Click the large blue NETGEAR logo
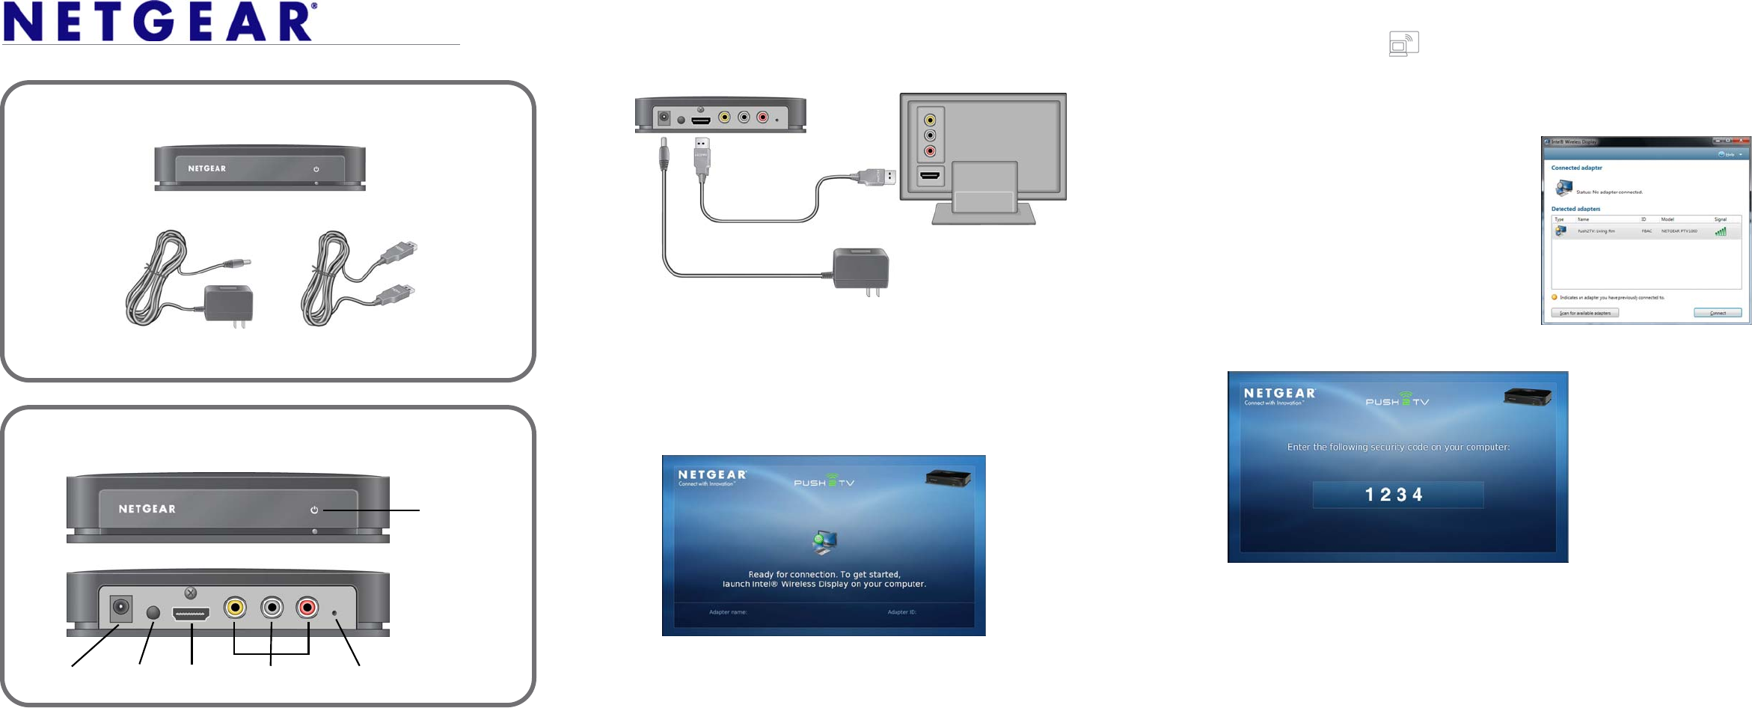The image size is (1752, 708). click(x=160, y=22)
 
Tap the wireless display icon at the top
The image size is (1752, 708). click(x=1403, y=43)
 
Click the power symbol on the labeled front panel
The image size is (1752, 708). click(x=314, y=510)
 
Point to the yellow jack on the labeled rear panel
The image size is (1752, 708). click(x=235, y=607)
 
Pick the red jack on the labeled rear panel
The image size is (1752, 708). click(x=307, y=607)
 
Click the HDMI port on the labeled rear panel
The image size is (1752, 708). click(x=192, y=614)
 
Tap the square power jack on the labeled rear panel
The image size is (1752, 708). click(x=120, y=608)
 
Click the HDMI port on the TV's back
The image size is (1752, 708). click(x=930, y=176)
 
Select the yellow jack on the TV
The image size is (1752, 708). click(x=930, y=120)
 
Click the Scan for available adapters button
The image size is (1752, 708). click(x=1584, y=313)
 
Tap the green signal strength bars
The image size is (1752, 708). click(x=1721, y=231)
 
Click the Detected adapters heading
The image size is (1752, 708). click(x=1575, y=209)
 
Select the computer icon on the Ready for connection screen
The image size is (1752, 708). click(x=824, y=542)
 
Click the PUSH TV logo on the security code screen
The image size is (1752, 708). click(x=1397, y=400)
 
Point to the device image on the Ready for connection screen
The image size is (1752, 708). click(x=948, y=477)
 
